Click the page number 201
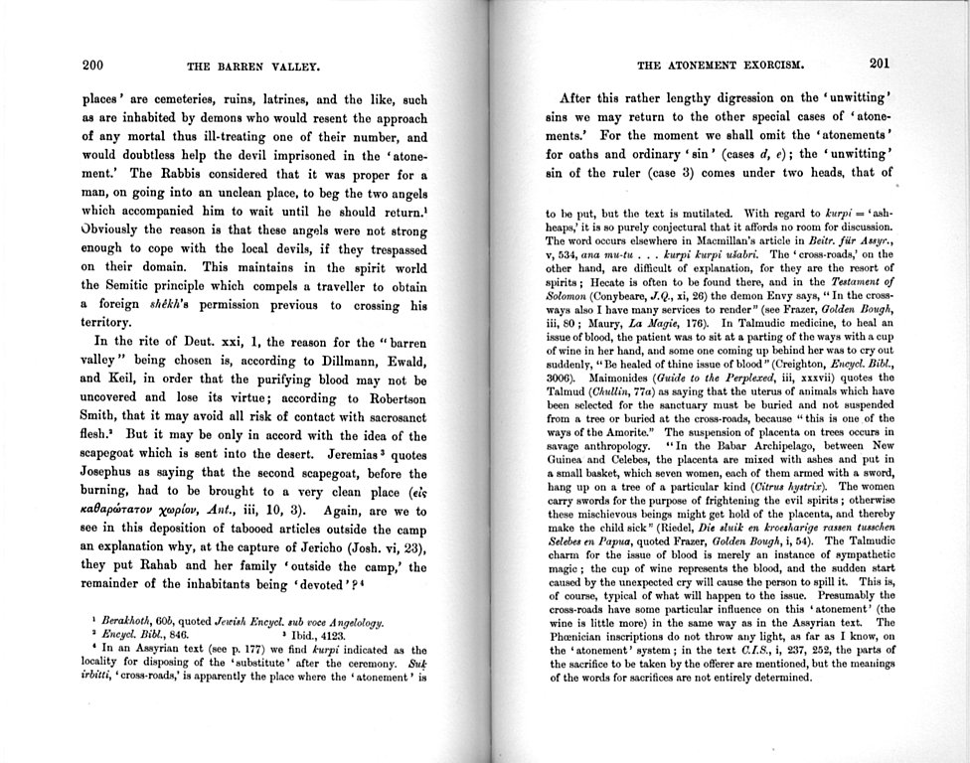[880, 64]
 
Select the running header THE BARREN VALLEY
[252, 68]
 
